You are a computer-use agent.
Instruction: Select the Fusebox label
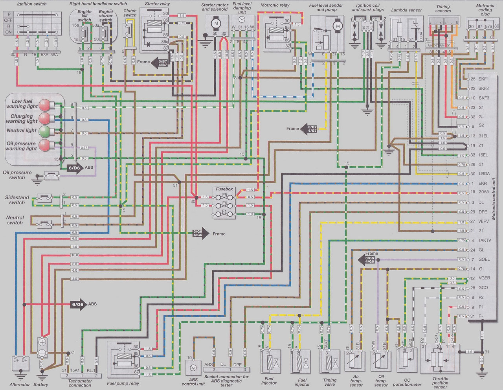point(224,189)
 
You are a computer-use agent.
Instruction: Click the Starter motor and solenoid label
point(215,7)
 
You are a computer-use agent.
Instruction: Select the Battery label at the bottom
point(41,384)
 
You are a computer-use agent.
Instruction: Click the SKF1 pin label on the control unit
point(483,79)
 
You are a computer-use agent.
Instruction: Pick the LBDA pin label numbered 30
point(484,174)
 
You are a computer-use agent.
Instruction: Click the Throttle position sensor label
point(440,383)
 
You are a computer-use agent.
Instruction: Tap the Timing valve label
point(330,382)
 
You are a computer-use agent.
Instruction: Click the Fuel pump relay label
point(123,383)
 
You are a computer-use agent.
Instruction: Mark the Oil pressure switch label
point(17,175)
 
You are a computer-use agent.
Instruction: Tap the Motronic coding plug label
point(485,10)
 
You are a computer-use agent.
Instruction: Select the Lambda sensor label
point(407,10)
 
